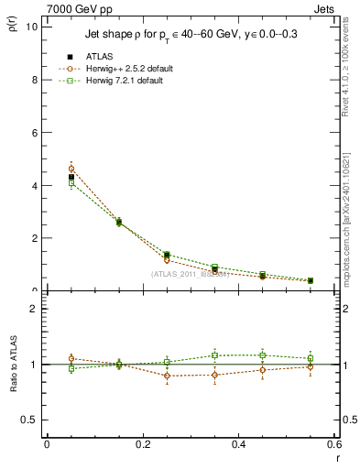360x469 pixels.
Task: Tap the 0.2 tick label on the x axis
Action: tap(142, 444)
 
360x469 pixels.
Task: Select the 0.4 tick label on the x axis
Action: tap(238, 444)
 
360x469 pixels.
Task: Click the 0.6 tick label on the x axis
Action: tap(333, 444)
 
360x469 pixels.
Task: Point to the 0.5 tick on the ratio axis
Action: tap(31, 420)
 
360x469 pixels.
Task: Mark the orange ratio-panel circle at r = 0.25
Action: tap(167, 376)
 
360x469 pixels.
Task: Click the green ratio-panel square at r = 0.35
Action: tap(214, 355)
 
